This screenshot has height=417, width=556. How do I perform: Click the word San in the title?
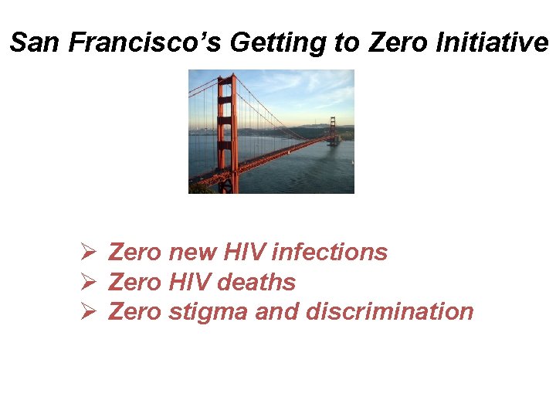(x=36, y=42)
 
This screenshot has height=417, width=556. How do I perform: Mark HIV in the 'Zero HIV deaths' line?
(x=189, y=282)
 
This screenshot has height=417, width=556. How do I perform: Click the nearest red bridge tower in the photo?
(x=225, y=131)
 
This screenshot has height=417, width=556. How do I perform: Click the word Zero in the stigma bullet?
(x=135, y=311)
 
